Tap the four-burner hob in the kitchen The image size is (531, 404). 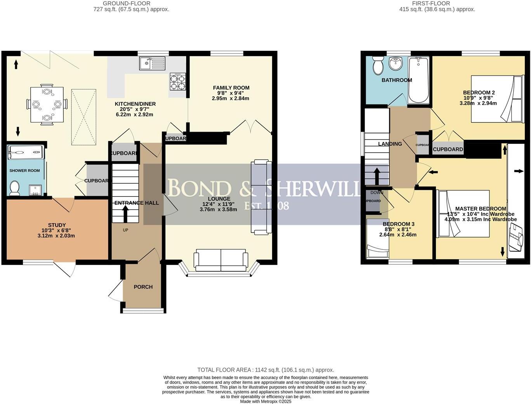tap(177, 82)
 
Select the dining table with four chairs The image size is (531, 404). tap(47, 104)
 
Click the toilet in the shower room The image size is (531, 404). tap(15, 188)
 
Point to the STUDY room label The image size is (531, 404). tap(57, 225)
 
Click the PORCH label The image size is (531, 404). tap(143, 287)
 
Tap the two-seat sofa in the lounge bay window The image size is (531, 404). tap(221, 261)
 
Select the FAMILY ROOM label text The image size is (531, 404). tap(231, 88)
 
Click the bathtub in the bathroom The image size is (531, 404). tap(418, 80)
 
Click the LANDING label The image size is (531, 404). tap(390, 144)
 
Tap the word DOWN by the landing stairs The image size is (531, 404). tap(377, 192)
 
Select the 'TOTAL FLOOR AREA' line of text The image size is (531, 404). tap(265, 370)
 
